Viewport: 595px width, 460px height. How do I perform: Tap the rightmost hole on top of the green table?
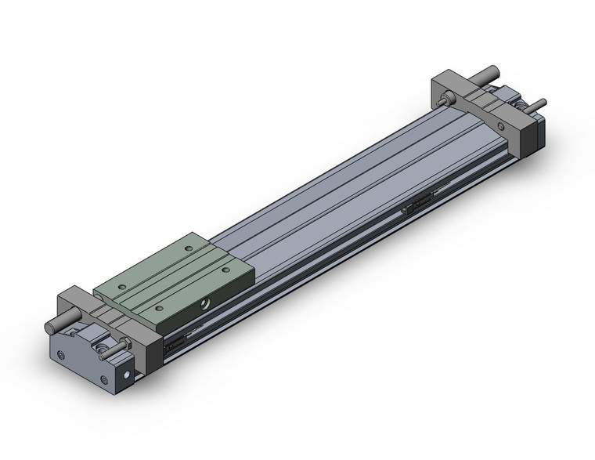(226, 270)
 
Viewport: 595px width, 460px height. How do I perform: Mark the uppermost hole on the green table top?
(189, 249)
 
